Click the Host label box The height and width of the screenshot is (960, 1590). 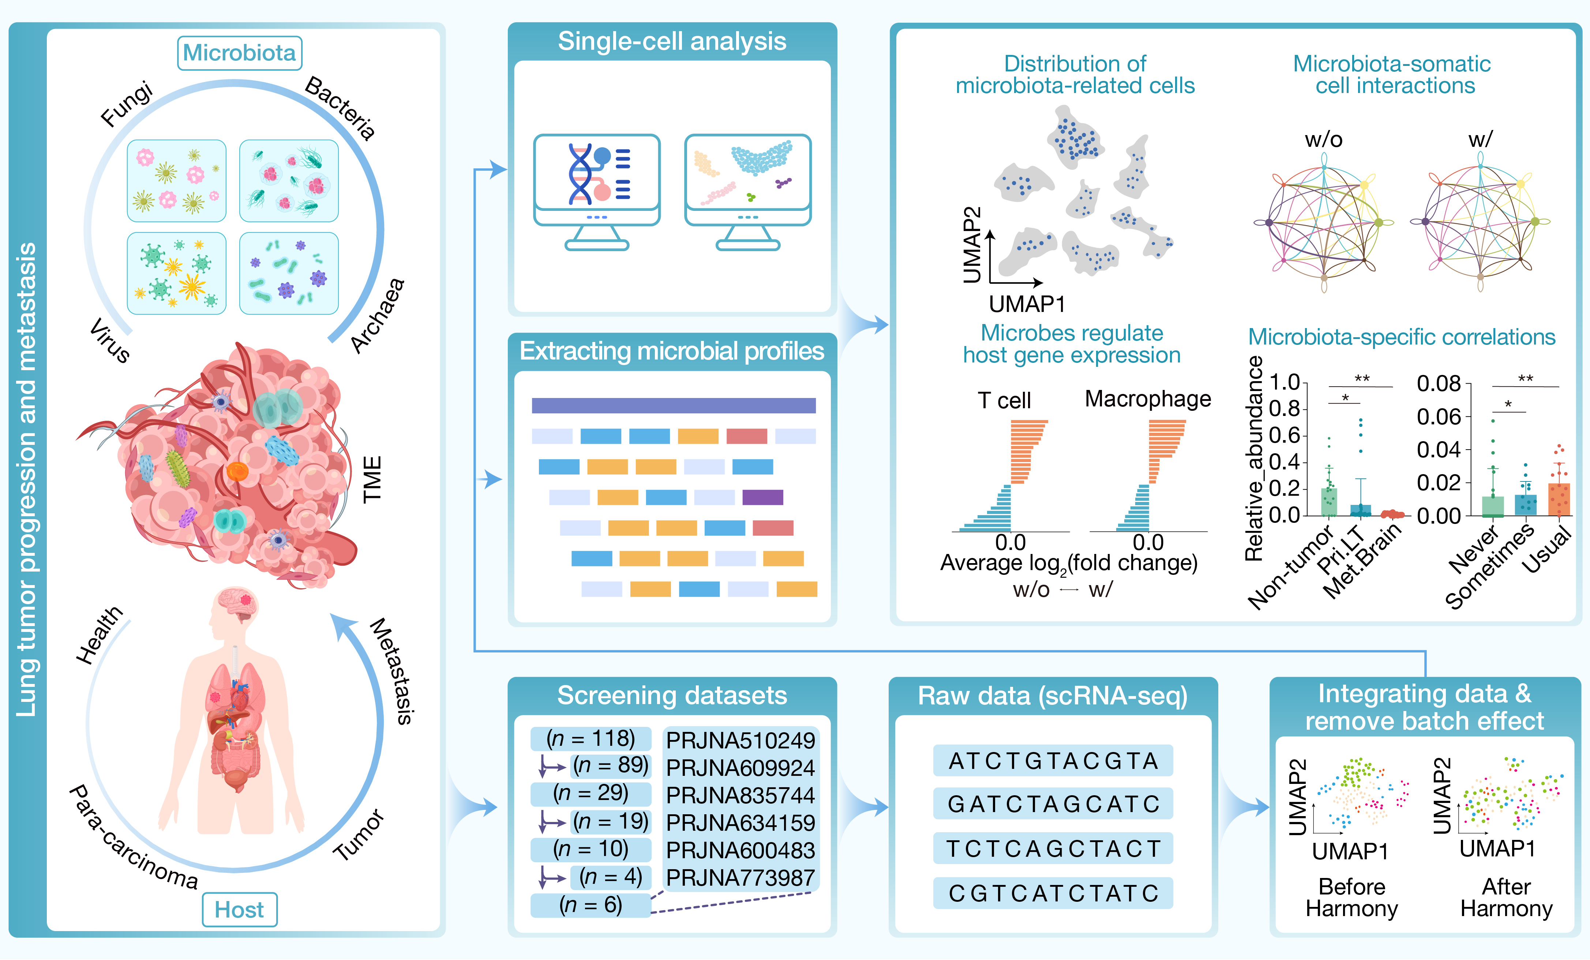click(x=239, y=909)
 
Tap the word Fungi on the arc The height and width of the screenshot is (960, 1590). click(x=127, y=103)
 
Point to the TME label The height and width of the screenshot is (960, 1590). click(x=372, y=479)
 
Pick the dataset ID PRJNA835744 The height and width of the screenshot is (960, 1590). click(x=740, y=795)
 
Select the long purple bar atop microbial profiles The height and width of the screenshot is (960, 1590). click(x=673, y=405)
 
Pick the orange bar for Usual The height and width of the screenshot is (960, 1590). click(x=1559, y=498)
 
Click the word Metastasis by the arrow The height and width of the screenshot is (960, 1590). click(x=392, y=671)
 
